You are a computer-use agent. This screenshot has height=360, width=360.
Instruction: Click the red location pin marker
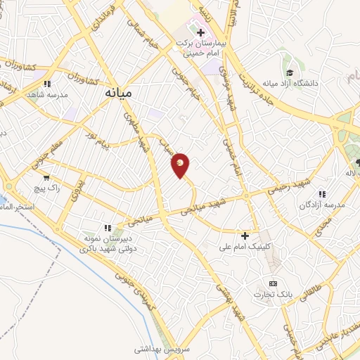[x=181, y=165]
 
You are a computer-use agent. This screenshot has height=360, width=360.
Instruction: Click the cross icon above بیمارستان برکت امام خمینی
[x=200, y=32]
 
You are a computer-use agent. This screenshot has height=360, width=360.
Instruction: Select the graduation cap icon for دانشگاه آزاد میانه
[x=290, y=72]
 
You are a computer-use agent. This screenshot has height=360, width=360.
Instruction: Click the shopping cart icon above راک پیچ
[x=46, y=179]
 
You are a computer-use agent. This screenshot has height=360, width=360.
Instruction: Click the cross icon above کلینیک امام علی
[x=245, y=236]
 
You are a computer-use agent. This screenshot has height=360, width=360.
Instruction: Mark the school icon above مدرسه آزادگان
[x=322, y=194]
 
